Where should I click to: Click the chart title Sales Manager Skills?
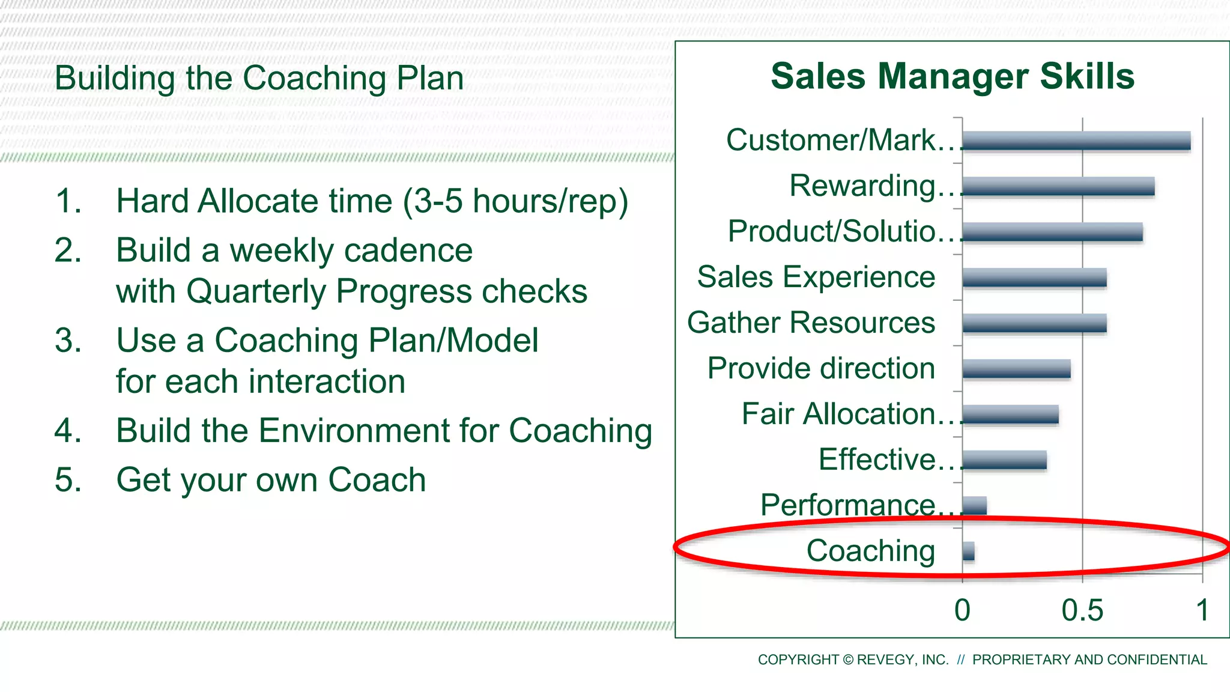[x=953, y=76]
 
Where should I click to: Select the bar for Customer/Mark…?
[x=1076, y=141]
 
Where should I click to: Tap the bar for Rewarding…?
[x=1058, y=186]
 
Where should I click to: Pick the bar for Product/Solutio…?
[x=1052, y=232]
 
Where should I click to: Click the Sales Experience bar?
[x=1034, y=278]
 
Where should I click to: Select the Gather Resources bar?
[x=1034, y=323]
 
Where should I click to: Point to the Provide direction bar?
[x=1016, y=369]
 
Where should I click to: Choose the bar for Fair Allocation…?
[x=1010, y=414]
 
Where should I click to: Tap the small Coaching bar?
[x=968, y=551]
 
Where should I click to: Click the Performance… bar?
[x=974, y=506]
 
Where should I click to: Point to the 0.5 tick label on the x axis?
[x=1082, y=610]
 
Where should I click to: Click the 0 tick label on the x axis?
[x=962, y=610]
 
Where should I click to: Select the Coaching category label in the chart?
[x=870, y=551]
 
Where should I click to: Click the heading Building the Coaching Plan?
[x=259, y=79]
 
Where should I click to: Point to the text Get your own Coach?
[x=271, y=480]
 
